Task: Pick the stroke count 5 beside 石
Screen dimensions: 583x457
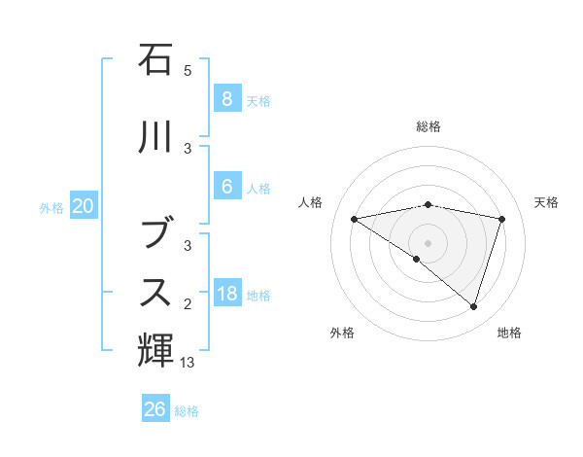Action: tap(188, 71)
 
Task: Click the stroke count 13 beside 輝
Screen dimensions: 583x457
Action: tap(188, 363)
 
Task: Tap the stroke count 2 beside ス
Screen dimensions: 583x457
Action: tap(188, 304)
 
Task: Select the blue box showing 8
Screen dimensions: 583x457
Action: tap(226, 98)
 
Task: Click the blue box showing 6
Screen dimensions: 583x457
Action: tap(226, 186)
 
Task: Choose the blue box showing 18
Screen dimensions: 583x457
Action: tap(226, 293)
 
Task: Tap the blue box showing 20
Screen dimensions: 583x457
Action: tap(84, 205)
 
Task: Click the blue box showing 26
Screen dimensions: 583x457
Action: tap(155, 409)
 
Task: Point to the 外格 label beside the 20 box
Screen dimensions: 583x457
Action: tap(51, 207)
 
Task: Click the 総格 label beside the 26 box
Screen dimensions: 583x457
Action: tap(187, 411)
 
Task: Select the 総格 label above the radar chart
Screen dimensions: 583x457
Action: tap(428, 126)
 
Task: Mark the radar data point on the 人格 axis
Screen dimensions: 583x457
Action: tap(355, 219)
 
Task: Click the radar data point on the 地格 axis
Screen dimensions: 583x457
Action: tap(473, 307)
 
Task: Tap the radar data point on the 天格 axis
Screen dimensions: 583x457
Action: tap(501, 219)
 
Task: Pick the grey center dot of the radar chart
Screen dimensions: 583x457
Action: tap(428, 242)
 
